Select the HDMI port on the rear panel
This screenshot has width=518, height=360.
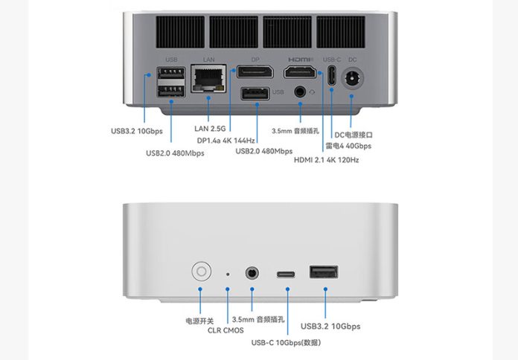pos(300,73)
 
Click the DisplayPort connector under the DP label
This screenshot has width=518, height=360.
pos(254,72)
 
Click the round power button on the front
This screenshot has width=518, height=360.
pos(200,271)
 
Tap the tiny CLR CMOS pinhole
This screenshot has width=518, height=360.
pos(228,274)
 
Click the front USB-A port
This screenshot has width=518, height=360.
pos(322,272)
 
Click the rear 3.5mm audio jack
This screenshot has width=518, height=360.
pos(301,91)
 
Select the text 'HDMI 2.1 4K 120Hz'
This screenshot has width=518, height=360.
pos(327,159)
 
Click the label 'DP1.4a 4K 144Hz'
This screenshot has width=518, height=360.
pos(226,140)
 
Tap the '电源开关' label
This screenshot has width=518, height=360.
pos(199,321)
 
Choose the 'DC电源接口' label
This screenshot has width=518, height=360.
pos(353,135)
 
